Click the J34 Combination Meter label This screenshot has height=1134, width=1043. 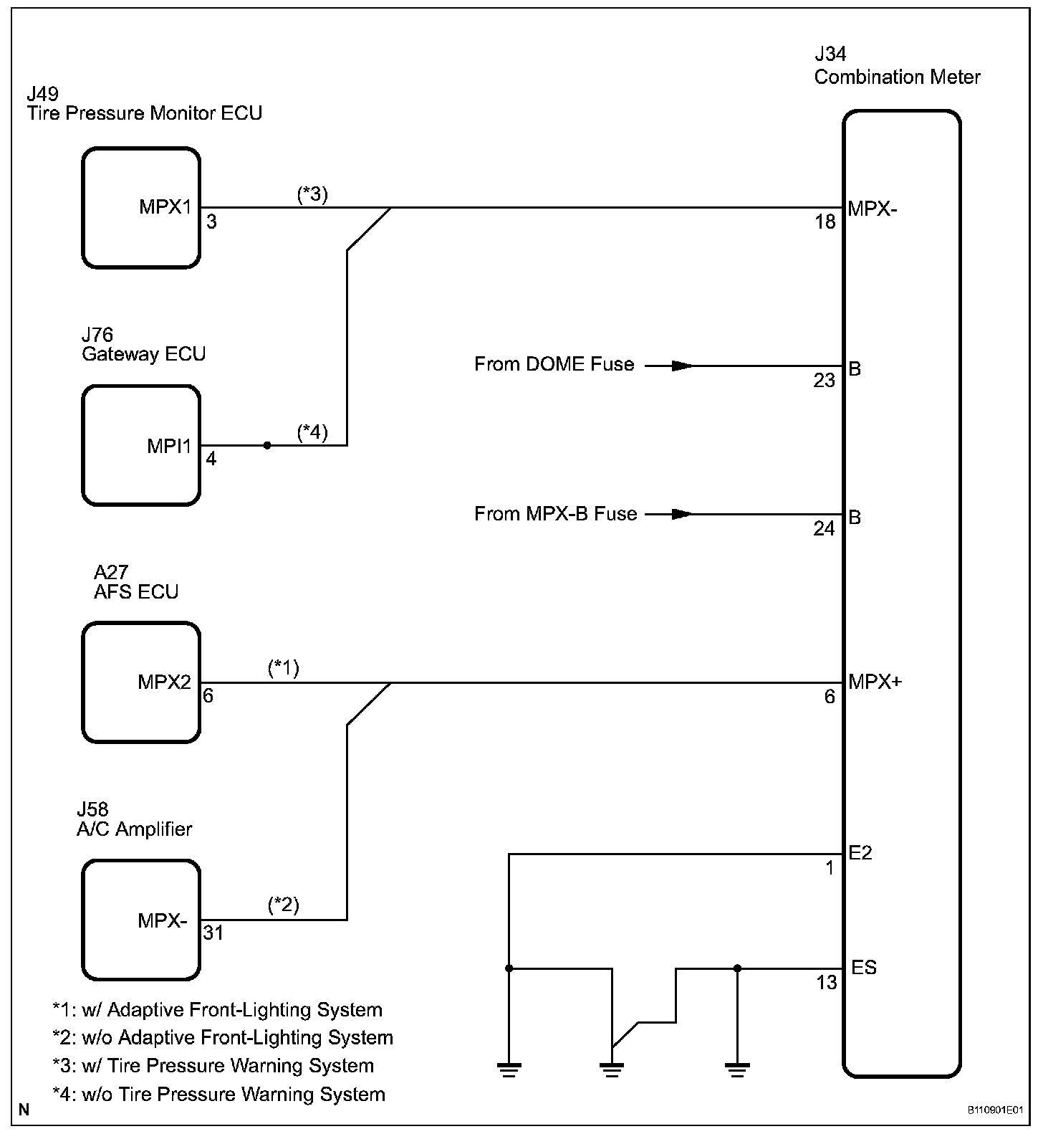point(897,66)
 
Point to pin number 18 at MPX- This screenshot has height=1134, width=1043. point(825,222)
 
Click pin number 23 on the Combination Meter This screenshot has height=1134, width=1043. point(825,380)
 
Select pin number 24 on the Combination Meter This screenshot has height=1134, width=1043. point(825,528)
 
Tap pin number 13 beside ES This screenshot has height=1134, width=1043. point(827,982)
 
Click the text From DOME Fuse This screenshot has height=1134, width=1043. point(554,364)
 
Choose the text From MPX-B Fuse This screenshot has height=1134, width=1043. point(556,513)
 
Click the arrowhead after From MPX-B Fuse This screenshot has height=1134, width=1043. point(682,514)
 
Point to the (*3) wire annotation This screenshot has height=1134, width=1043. point(312,194)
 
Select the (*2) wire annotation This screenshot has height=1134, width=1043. point(284,905)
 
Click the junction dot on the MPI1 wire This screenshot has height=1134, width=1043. point(267,445)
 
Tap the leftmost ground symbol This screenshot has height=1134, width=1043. point(509,1070)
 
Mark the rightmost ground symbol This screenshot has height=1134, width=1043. point(737,1070)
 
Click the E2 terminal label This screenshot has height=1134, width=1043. point(860,852)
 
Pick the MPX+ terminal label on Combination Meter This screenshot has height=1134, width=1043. point(875,681)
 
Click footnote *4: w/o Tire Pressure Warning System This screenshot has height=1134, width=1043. point(219,1095)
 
